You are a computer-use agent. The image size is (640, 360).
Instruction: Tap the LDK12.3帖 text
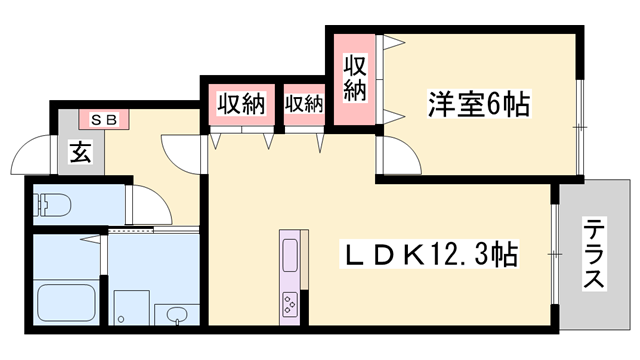click(x=432, y=255)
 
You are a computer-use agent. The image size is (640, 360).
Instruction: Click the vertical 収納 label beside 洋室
click(x=354, y=79)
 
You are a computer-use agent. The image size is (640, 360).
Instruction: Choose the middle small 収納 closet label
click(x=304, y=103)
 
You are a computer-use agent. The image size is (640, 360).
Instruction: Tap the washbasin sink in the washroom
click(x=176, y=316)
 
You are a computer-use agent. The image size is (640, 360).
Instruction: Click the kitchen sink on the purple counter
click(x=289, y=255)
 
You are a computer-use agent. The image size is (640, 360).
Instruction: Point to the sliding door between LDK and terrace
click(x=553, y=254)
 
